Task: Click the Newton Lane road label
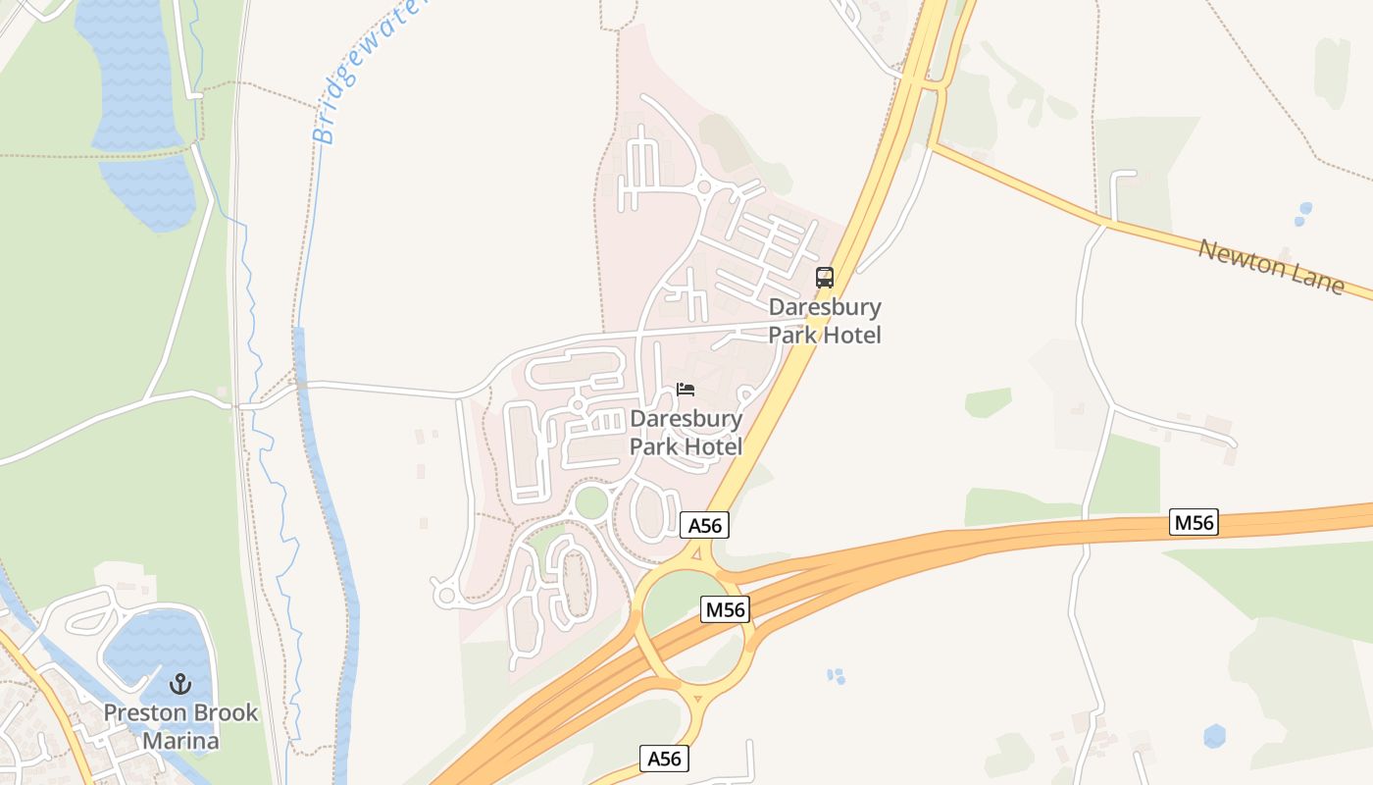tap(1271, 264)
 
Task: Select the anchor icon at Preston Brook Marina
tap(180, 684)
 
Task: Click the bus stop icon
tap(825, 278)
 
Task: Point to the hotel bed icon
tap(686, 390)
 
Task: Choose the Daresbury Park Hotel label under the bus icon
tap(825, 321)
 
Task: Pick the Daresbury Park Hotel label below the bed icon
tap(686, 433)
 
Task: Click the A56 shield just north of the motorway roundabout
tap(704, 525)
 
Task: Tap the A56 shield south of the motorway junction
tap(664, 759)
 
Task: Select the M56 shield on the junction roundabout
tap(726, 609)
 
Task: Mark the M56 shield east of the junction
tap(1194, 523)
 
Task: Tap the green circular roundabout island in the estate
tap(591, 501)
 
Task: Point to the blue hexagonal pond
tap(1214, 736)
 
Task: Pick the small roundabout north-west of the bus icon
tap(702, 185)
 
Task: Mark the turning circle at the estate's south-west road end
tap(446, 594)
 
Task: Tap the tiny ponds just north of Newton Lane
tap(1302, 213)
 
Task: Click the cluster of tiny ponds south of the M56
tap(836, 675)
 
